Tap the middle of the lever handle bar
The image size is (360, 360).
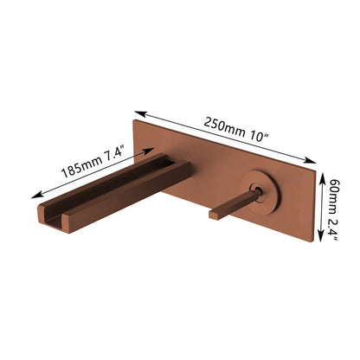(x=232, y=202)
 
